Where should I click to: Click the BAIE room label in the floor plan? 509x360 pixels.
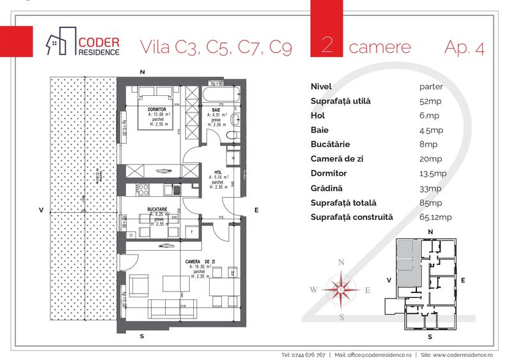(217, 109)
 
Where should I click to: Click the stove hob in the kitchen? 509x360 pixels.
(141, 189)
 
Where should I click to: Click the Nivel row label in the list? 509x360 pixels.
(321, 86)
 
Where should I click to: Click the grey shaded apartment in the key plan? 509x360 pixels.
(405, 263)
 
